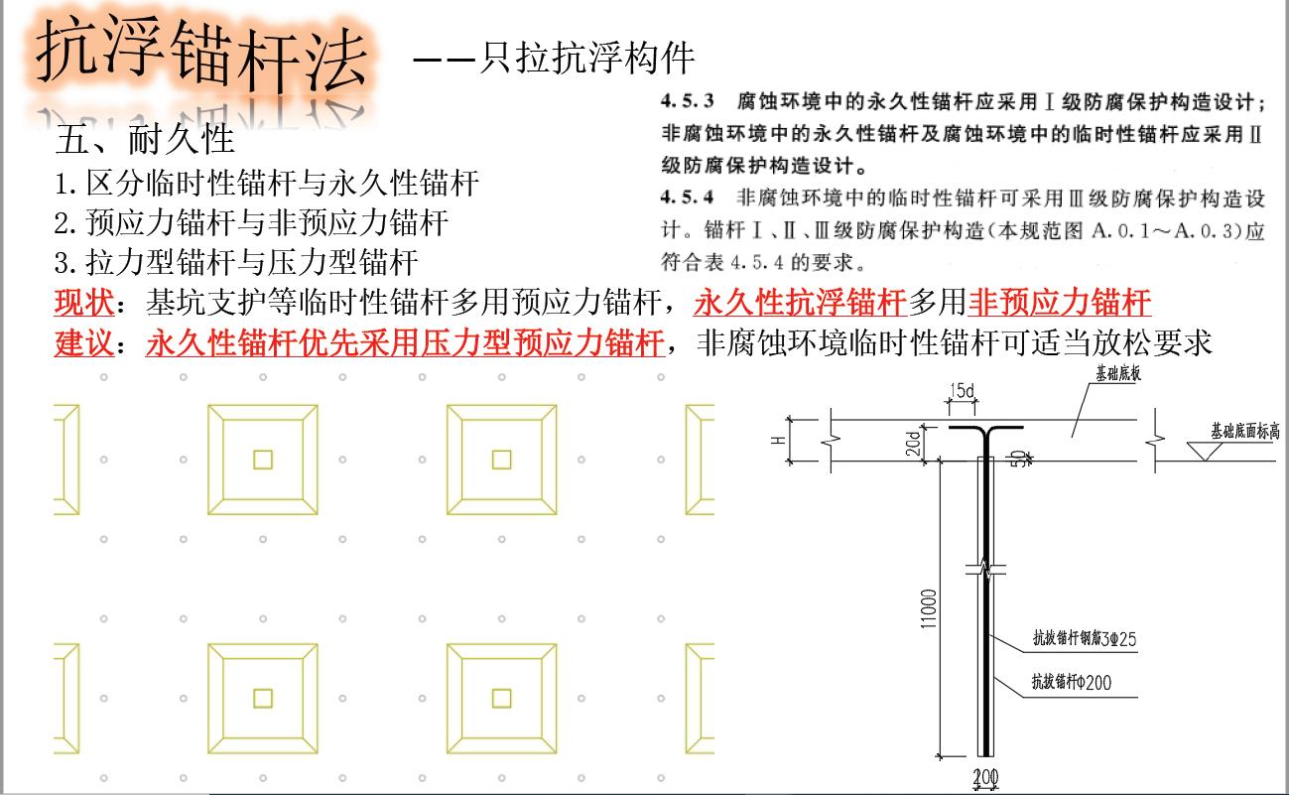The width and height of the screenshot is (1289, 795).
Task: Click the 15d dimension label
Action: (x=962, y=390)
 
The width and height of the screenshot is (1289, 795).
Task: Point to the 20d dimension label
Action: (x=914, y=443)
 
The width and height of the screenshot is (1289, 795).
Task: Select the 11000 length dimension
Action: (x=928, y=615)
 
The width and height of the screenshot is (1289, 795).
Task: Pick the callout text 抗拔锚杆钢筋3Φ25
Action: (x=1083, y=640)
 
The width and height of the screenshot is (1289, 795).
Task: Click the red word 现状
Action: (x=83, y=302)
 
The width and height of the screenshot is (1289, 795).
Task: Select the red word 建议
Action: (x=83, y=343)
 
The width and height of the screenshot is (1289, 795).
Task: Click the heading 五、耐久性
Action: (x=145, y=140)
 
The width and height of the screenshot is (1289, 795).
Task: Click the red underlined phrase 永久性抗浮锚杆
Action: (x=801, y=302)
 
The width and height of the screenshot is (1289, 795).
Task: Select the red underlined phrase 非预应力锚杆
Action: (x=1059, y=302)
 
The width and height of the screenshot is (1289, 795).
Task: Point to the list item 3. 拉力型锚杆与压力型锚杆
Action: (x=236, y=262)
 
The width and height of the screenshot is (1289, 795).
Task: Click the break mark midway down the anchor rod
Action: (x=985, y=570)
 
